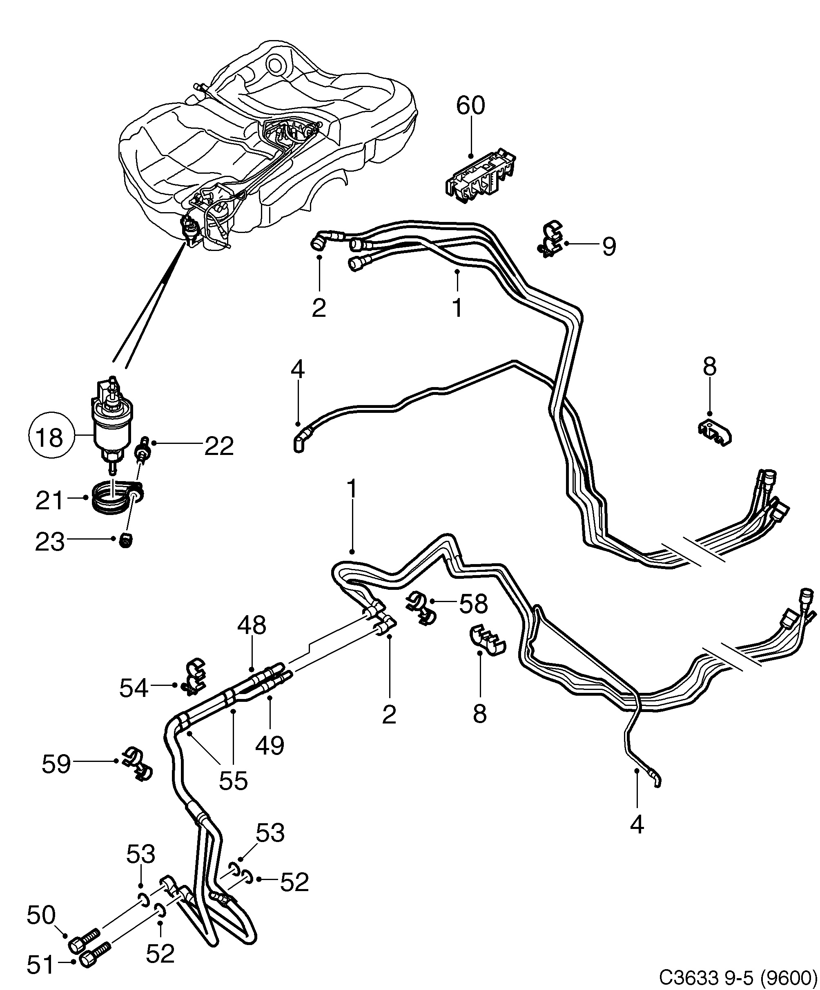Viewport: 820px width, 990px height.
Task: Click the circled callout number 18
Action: (49, 437)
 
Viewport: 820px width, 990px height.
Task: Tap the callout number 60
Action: (470, 105)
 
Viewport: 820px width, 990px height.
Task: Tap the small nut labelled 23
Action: (125, 541)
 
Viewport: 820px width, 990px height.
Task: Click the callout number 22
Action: (218, 446)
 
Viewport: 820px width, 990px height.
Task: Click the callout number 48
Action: (252, 625)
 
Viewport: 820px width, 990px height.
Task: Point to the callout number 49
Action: (270, 745)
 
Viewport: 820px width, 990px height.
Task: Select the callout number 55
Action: (233, 781)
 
